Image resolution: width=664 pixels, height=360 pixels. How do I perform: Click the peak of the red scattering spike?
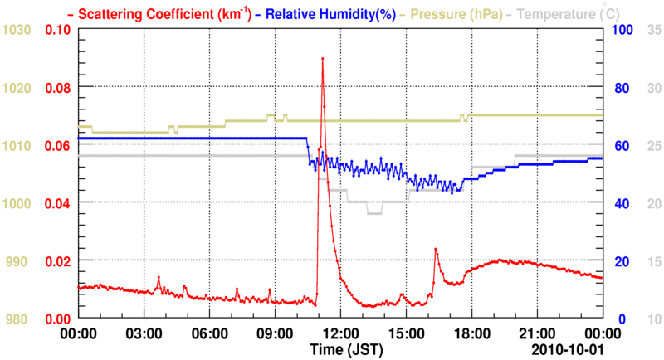point(322,59)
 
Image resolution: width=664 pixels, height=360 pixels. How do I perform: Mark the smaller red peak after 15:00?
point(435,249)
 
